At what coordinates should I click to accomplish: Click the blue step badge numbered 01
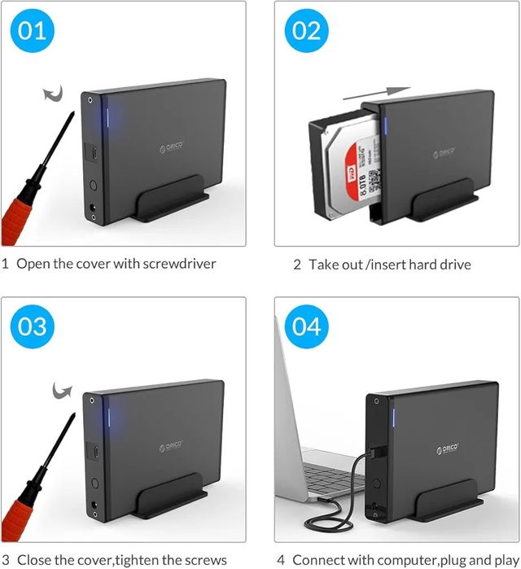coord(33,32)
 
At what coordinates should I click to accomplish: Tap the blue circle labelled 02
coord(307,32)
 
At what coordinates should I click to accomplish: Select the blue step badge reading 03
coord(33,327)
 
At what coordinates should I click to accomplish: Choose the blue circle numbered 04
coord(307,327)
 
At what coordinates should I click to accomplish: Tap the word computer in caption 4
coord(386,559)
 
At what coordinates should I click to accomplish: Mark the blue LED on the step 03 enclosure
coord(108,419)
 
